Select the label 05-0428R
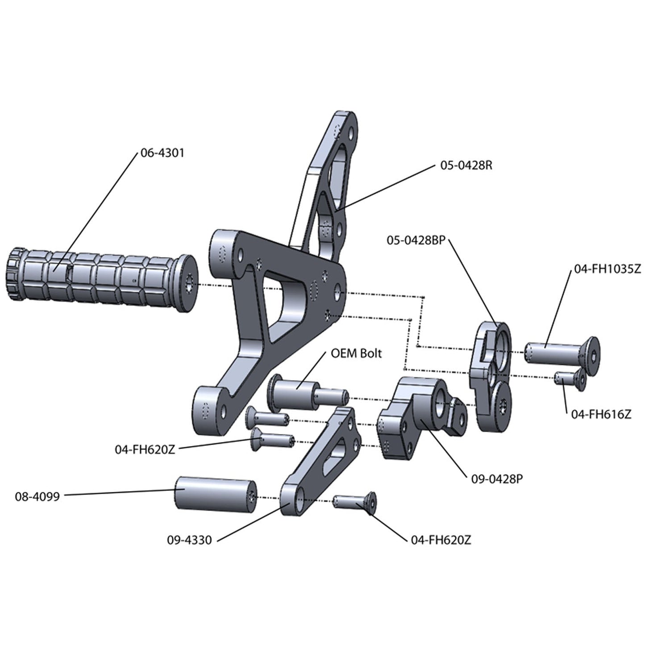(x=466, y=166)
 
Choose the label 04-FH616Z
(x=601, y=414)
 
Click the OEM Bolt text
(x=356, y=353)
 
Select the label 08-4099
(x=37, y=496)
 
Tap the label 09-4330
(x=189, y=540)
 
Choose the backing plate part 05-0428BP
(x=491, y=375)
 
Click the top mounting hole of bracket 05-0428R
(x=351, y=133)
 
